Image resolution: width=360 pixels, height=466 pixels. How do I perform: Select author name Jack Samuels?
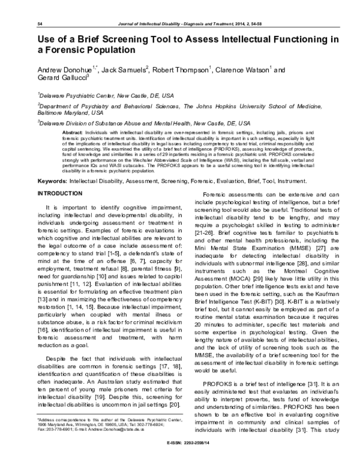(x=124, y=70)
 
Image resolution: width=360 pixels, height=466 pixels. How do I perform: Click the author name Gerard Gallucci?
(x=62, y=78)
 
